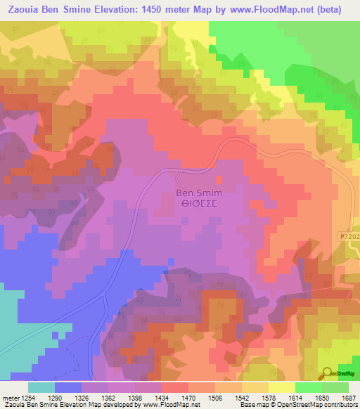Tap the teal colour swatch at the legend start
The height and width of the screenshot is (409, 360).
[41, 387]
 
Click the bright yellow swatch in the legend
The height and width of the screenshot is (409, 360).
[282, 387]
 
